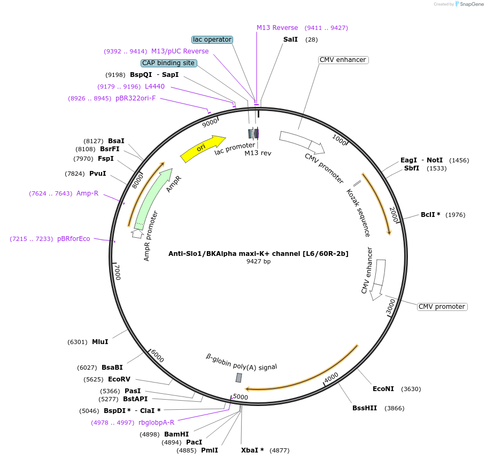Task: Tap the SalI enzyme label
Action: click(291, 40)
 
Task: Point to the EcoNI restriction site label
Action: click(383, 389)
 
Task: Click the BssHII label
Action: click(364, 408)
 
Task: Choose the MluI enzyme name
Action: click(100, 342)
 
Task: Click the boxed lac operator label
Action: click(212, 40)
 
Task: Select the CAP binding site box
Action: click(168, 63)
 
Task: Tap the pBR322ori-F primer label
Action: click(135, 98)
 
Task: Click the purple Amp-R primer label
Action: click(87, 193)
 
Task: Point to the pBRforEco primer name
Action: click(74, 239)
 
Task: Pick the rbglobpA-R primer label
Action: click(156, 423)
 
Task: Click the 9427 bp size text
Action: click(258, 262)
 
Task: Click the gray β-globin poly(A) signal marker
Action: click(239, 378)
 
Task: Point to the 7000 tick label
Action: click(117, 271)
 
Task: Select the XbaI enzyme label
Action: click(252, 450)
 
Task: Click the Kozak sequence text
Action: click(358, 212)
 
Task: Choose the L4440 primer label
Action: click(155, 87)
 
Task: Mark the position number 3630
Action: click(411, 389)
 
